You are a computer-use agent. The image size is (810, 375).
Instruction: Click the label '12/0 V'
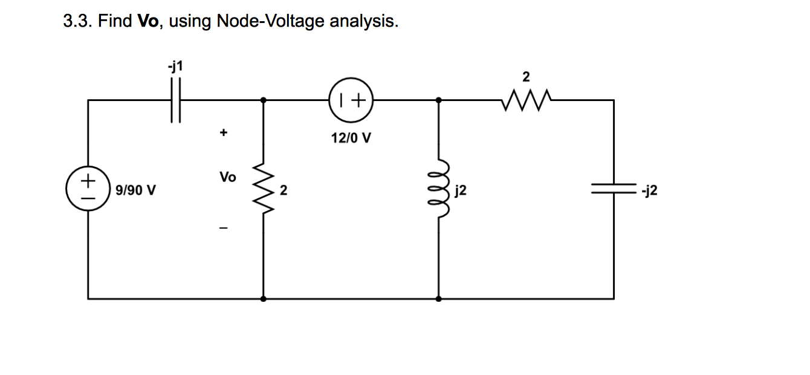pyautogui.click(x=351, y=139)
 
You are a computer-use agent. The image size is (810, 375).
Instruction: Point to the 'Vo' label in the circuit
pyautogui.click(x=227, y=177)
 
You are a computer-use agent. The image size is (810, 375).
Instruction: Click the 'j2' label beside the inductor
pyautogui.click(x=460, y=192)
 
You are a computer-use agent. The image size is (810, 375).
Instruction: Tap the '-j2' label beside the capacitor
pyautogui.click(x=650, y=191)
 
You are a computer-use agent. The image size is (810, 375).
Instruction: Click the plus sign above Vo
pyautogui.click(x=224, y=131)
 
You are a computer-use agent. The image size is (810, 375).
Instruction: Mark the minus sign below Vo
pyautogui.click(x=224, y=229)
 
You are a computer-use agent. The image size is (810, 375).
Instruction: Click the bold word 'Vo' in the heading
pyautogui.click(x=148, y=22)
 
